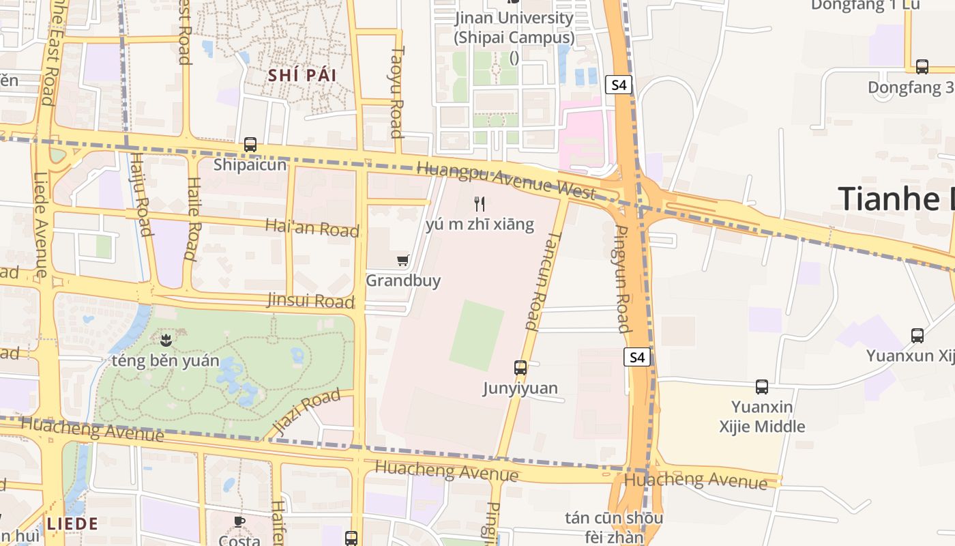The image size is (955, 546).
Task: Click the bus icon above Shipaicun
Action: (250, 145)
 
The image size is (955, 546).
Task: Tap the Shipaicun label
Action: (250, 164)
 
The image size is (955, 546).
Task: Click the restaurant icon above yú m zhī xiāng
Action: (480, 203)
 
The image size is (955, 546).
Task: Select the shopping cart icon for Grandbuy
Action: (402, 260)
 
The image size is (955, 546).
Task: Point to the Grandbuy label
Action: (403, 281)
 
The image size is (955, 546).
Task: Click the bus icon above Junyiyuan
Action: (520, 368)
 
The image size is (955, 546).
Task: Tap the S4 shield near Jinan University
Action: (619, 85)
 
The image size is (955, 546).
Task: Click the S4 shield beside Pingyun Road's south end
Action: (636, 357)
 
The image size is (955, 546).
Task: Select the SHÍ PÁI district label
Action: (302, 75)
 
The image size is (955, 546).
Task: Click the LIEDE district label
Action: (72, 524)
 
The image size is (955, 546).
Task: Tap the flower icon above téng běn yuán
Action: (164, 339)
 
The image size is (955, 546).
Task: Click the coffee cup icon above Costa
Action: (239, 522)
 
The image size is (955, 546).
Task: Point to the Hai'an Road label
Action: (312, 227)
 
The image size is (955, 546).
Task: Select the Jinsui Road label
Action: (310, 300)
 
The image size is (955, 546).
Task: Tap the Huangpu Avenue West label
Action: (506, 179)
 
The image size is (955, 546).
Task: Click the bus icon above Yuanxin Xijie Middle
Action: (762, 387)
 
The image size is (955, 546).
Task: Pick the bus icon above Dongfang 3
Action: (922, 67)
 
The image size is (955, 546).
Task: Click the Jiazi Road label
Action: (306, 412)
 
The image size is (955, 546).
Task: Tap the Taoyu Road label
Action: (397, 91)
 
